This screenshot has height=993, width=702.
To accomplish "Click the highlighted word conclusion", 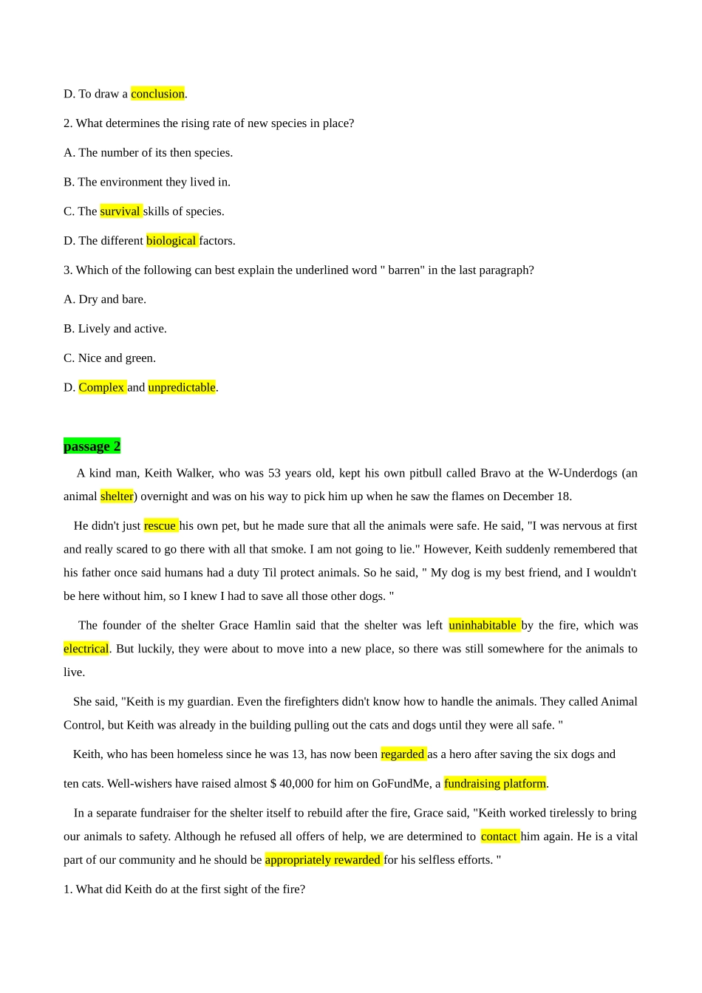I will click(x=157, y=94).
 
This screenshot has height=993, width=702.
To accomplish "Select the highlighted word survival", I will click(x=120, y=211).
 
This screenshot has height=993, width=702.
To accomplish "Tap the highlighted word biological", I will click(x=171, y=241).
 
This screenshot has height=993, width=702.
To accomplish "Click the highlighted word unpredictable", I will click(x=182, y=387).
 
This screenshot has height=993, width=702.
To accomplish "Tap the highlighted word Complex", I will click(x=101, y=387).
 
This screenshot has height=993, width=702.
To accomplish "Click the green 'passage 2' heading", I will click(x=92, y=446).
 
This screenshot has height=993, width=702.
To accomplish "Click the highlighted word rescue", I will click(x=160, y=526).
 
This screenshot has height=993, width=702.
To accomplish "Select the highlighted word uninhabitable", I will click(x=483, y=625).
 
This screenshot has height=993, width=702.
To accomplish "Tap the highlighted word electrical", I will click(x=86, y=649).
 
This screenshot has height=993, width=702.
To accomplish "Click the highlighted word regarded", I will click(x=403, y=754).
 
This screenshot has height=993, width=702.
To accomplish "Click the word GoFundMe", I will click(x=401, y=784).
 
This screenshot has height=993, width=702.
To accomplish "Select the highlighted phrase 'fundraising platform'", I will click(x=495, y=784).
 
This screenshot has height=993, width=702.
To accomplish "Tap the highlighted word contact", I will click(x=500, y=836).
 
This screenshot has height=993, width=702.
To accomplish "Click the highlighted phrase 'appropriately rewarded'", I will click(x=323, y=860).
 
